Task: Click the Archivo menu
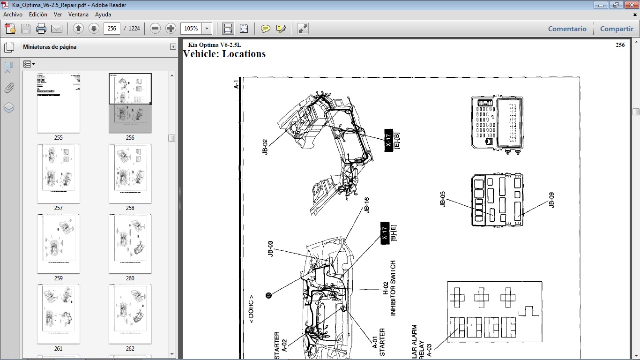(x=13, y=15)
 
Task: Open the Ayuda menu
(x=103, y=15)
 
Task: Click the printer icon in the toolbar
(x=41, y=29)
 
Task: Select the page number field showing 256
(x=112, y=29)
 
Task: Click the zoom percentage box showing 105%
(x=191, y=29)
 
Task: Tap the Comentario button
(x=567, y=29)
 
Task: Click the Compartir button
(x=616, y=29)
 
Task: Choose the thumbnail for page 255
(x=59, y=103)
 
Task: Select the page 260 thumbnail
(x=130, y=244)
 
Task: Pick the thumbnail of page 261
(x=59, y=314)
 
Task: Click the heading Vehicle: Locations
(x=224, y=54)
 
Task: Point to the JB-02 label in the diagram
(x=265, y=147)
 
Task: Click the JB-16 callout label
(x=367, y=205)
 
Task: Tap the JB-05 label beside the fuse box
(x=442, y=199)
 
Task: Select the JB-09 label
(x=551, y=200)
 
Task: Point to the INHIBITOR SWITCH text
(x=393, y=288)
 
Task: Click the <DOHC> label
(x=252, y=309)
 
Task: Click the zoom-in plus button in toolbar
(x=171, y=29)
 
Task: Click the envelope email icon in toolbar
(x=57, y=29)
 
